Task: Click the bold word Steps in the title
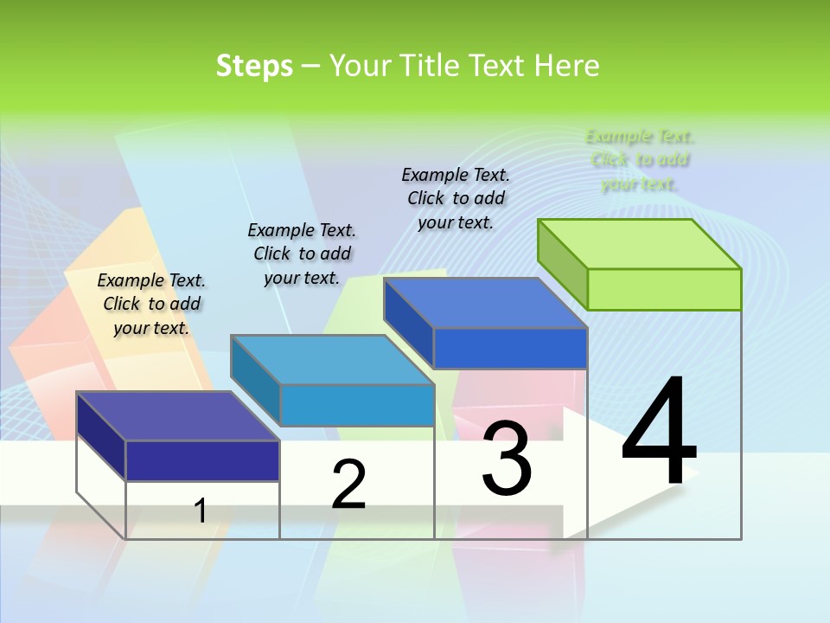coord(254,66)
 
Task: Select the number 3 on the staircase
coord(507,459)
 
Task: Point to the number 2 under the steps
coord(348,485)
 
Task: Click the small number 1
coord(201,511)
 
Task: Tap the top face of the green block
coord(640,243)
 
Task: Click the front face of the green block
coord(664,289)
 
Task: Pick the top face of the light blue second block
coord(332,359)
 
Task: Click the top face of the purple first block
coord(178,416)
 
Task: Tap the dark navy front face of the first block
coord(202,460)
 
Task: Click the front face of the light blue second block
coord(357,405)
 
